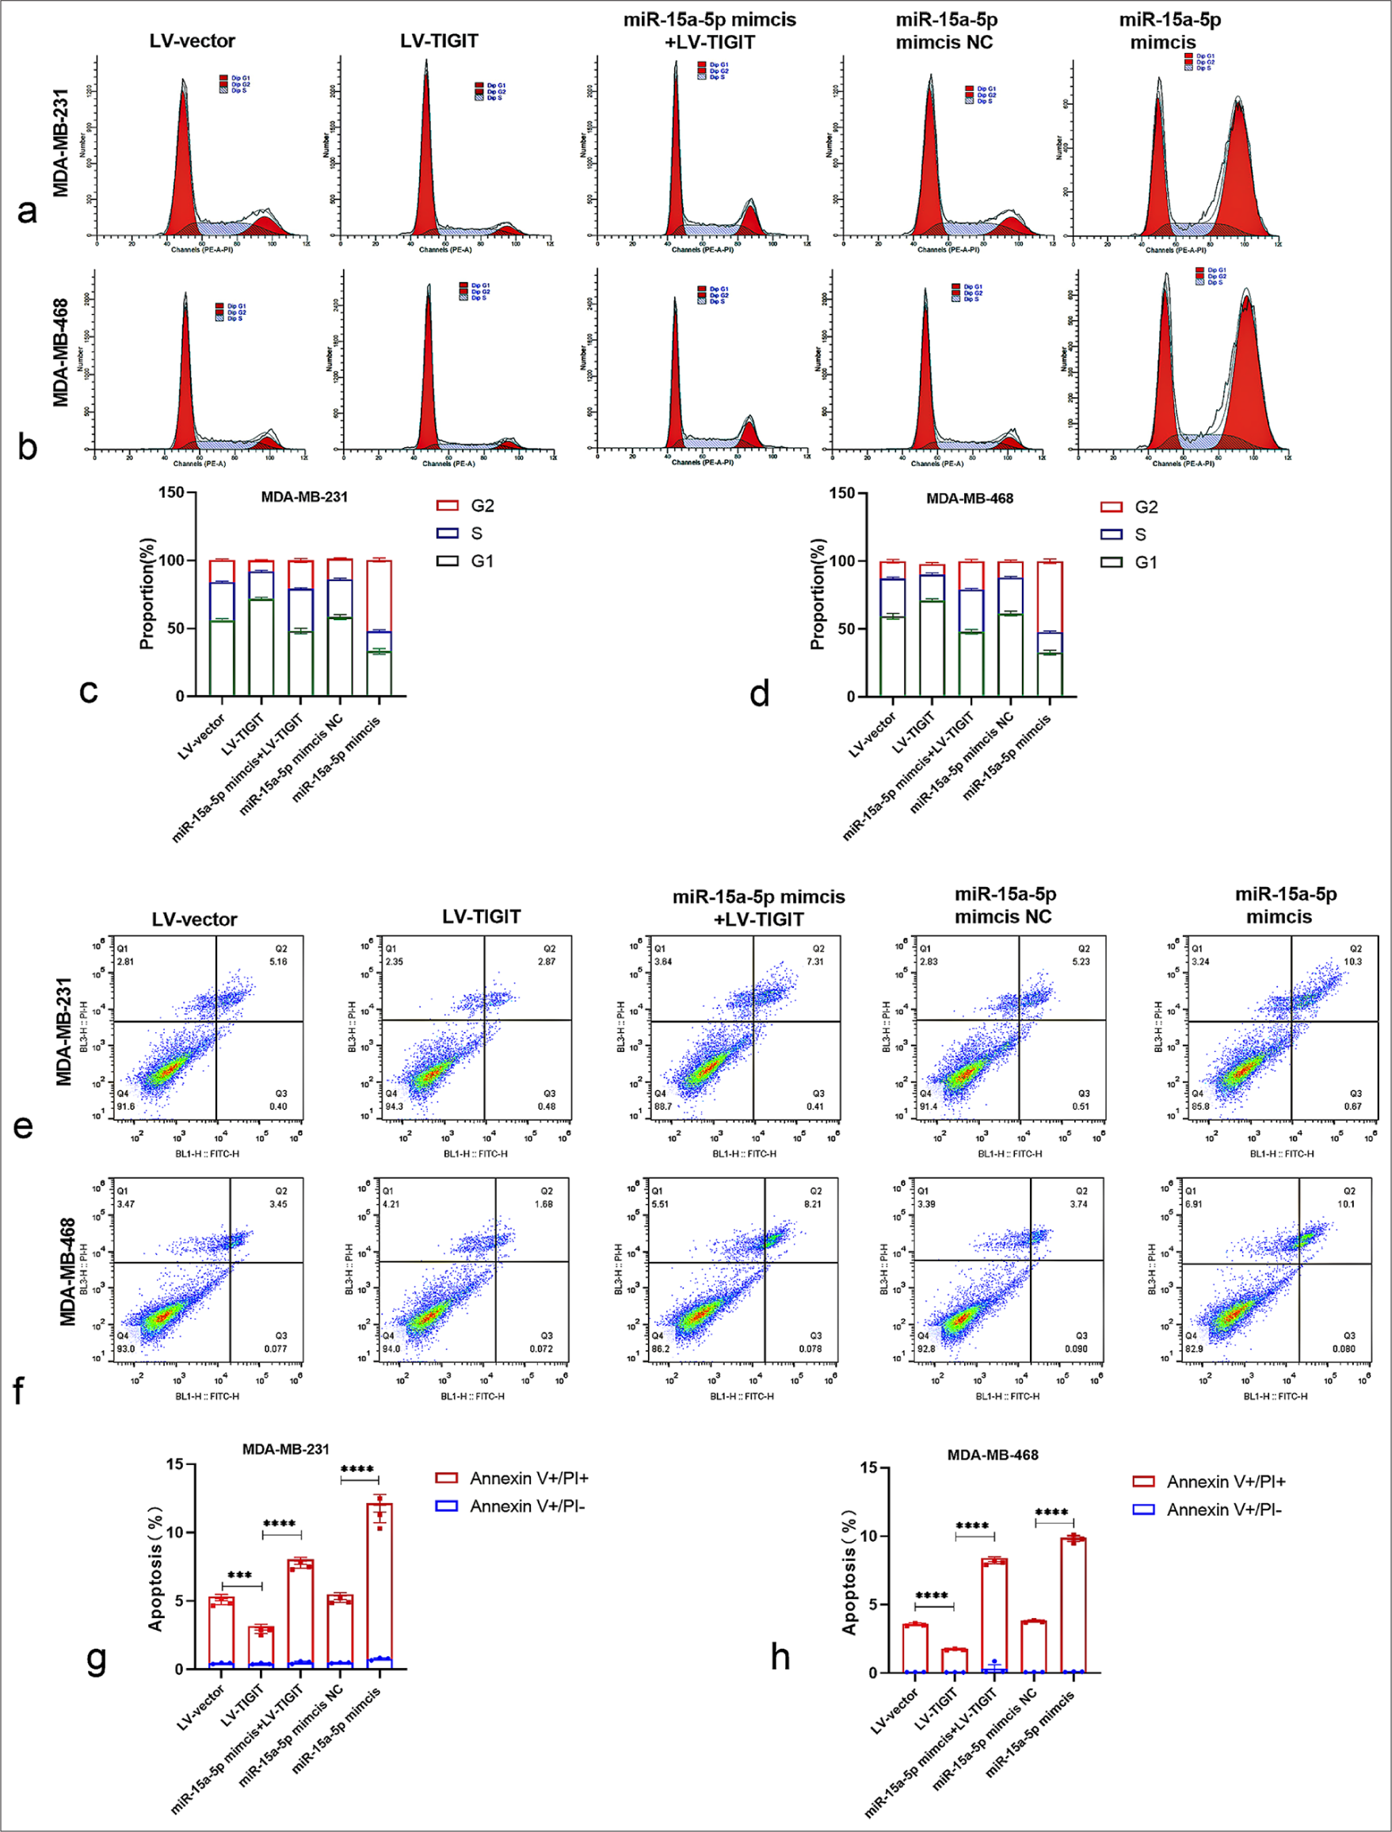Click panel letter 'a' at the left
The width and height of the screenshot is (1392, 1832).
[28, 212]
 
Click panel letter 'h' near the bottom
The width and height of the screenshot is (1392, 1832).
[780, 1658]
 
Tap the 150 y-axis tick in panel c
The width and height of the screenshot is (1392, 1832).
[171, 492]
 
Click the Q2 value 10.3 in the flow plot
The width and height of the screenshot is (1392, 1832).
[1352, 962]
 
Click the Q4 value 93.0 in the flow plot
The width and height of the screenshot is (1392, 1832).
[125, 1348]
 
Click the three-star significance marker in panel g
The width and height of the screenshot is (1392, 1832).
[239, 1576]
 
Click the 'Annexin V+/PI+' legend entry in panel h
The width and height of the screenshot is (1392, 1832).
[1210, 1482]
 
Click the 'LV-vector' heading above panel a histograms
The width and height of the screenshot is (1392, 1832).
[193, 40]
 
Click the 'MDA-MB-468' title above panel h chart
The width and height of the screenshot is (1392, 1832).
[992, 1455]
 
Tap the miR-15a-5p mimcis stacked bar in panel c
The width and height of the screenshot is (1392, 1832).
[379, 628]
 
